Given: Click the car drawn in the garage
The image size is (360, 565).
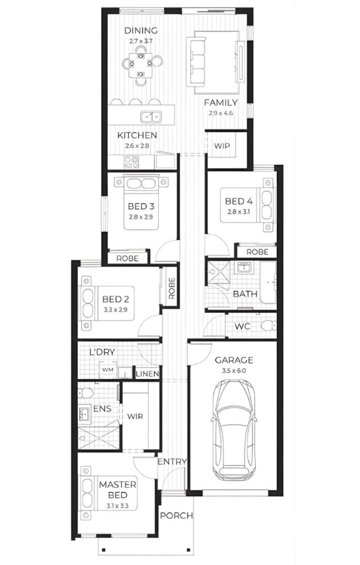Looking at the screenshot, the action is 234,430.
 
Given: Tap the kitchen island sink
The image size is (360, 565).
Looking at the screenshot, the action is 151,117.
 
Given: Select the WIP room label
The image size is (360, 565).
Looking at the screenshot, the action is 222,146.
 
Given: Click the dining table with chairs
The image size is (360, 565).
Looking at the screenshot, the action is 141,65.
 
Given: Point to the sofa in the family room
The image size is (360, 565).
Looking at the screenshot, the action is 195,61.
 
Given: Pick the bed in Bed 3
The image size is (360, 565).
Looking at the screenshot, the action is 141,202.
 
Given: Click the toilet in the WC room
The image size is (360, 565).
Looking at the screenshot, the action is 269,326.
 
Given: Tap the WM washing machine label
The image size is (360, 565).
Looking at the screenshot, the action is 108,370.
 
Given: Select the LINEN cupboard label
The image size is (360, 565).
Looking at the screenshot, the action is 147,374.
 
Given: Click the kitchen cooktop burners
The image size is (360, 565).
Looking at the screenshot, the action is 131,162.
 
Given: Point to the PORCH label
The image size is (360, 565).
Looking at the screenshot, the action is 176,516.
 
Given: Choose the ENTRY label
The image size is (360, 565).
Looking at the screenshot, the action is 172,461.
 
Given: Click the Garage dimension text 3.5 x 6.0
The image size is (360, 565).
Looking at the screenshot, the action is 233,371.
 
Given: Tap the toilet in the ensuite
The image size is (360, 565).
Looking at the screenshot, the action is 85,393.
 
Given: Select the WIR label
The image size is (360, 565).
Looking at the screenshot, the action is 135,416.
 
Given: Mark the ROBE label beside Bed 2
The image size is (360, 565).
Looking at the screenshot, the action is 171,288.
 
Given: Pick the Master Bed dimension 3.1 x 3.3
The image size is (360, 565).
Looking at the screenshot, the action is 117,506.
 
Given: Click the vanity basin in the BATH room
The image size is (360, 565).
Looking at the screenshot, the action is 245,267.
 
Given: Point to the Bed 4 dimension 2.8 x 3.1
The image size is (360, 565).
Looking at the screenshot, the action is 239,212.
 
